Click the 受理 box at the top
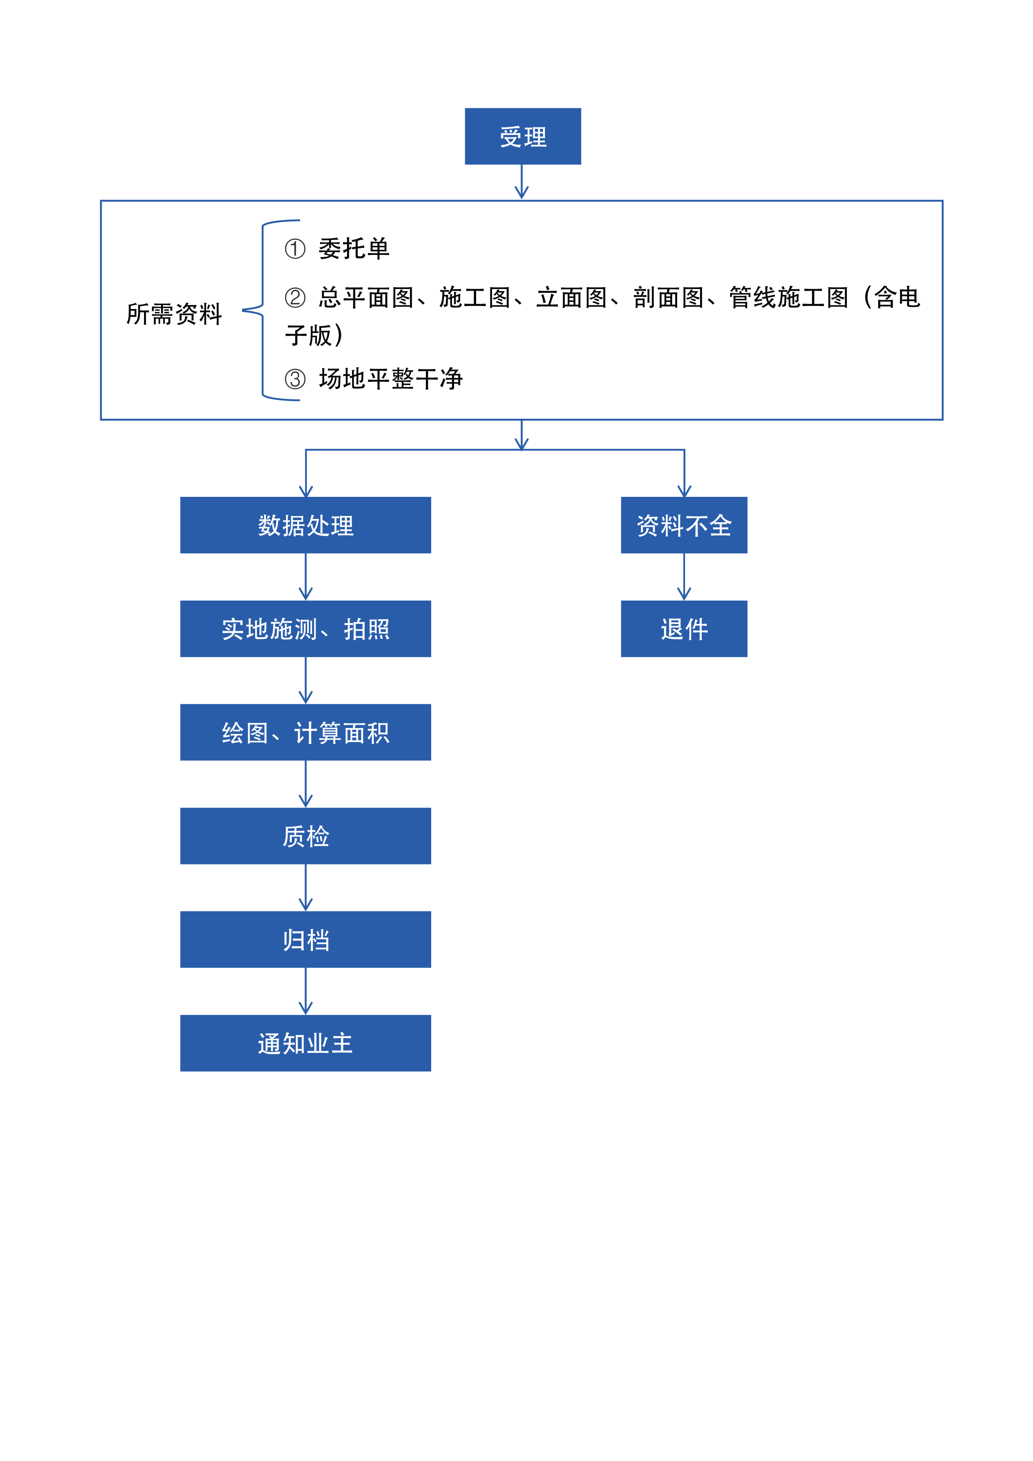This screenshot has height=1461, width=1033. click(x=522, y=136)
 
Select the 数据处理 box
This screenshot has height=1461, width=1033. click(x=305, y=525)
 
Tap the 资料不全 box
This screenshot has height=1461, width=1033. click(x=684, y=525)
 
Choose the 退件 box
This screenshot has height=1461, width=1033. click(x=684, y=629)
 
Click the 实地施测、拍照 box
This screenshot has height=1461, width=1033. click(x=305, y=629)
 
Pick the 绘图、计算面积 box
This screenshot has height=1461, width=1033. click(x=305, y=733)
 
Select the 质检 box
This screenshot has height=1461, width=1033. click(x=305, y=836)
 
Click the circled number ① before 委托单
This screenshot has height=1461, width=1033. click(x=295, y=249)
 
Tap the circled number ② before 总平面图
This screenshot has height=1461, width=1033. click(x=295, y=298)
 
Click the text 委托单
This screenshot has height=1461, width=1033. click(x=354, y=249)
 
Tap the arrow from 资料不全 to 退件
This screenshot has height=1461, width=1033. click(x=684, y=576)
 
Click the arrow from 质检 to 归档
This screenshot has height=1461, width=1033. click(x=305, y=888)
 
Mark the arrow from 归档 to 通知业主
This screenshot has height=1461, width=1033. click(x=305, y=991)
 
